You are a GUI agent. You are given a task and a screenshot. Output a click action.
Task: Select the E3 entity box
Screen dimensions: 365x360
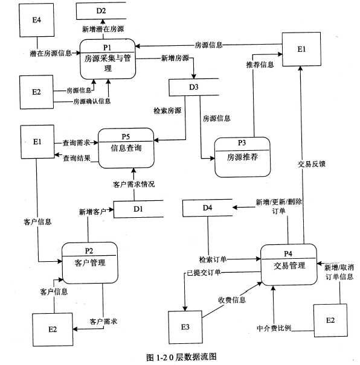click(185, 326)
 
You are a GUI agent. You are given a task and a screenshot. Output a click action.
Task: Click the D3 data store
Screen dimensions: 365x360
click(193, 87)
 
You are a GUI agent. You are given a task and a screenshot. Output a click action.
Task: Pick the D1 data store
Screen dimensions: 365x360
click(138, 209)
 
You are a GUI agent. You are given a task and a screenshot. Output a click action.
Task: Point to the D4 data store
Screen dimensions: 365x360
click(207, 208)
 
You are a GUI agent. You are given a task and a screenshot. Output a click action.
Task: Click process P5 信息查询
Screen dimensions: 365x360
click(126, 145)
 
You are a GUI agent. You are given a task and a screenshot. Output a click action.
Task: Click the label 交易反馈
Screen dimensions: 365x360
click(312, 163)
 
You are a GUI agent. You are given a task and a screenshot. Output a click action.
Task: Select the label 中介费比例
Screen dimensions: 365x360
click(274, 329)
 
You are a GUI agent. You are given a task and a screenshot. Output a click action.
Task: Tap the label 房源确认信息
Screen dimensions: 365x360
click(92, 101)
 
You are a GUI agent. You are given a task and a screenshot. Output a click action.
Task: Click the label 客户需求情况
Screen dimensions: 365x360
click(133, 184)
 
